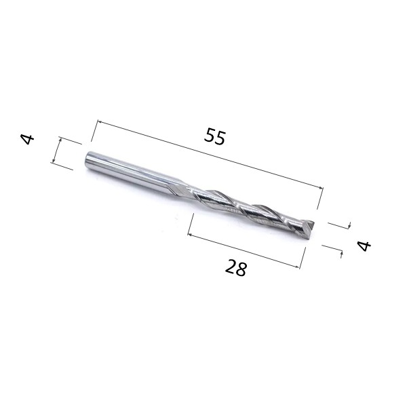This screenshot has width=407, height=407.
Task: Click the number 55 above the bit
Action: click(x=214, y=136)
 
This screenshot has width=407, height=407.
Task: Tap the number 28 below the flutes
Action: click(x=235, y=268)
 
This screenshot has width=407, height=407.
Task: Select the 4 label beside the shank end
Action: click(x=28, y=139)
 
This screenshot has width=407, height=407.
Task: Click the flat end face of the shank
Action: click(x=88, y=159)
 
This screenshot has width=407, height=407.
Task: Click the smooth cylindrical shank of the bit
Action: click(x=130, y=172)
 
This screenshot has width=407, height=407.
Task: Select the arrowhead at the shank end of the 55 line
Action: click(x=98, y=121)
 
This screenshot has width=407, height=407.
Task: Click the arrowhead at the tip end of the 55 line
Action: click(x=321, y=188)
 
